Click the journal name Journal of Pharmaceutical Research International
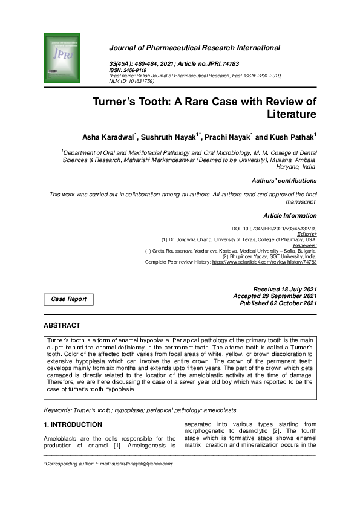point(194,48)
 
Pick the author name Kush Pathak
point(294,138)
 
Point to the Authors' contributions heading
point(284,181)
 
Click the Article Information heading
point(290,216)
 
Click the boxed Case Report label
point(68,299)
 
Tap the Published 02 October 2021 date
point(278,303)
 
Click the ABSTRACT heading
point(61,325)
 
